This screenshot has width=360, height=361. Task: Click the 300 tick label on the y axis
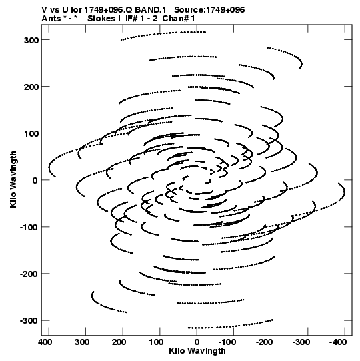[x=31, y=40]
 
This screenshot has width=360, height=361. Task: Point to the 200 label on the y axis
[x=31, y=87]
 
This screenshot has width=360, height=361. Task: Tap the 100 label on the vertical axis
[x=31, y=133]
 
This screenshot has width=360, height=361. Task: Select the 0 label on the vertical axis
[x=35, y=180]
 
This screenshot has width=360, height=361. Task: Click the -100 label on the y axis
[x=29, y=228]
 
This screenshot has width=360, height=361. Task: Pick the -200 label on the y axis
[x=29, y=274]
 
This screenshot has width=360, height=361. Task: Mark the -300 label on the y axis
[x=29, y=321]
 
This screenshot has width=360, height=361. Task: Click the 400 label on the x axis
[x=45, y=342]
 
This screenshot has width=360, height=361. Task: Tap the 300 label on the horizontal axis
[x=82, y=342]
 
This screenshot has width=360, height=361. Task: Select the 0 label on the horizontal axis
[x=197, y=342]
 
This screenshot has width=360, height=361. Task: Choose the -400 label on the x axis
[x=338, y=342]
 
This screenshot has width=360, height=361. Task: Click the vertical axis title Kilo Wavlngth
[x=13, y=179]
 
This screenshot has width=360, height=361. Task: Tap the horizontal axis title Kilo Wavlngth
[x=197, y=351]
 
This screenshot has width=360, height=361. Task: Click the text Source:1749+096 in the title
[x=209, y=10]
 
